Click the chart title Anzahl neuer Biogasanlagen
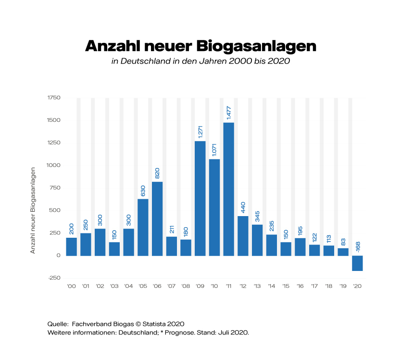200,47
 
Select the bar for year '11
229,189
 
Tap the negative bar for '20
358,263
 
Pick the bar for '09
200,198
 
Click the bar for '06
157,218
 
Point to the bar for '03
114,248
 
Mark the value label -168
358,244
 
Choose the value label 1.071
214,148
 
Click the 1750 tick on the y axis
54,98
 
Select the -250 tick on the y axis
54,278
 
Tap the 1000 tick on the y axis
54,165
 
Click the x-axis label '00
71,286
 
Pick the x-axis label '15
286,286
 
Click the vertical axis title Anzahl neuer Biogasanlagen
33,210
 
